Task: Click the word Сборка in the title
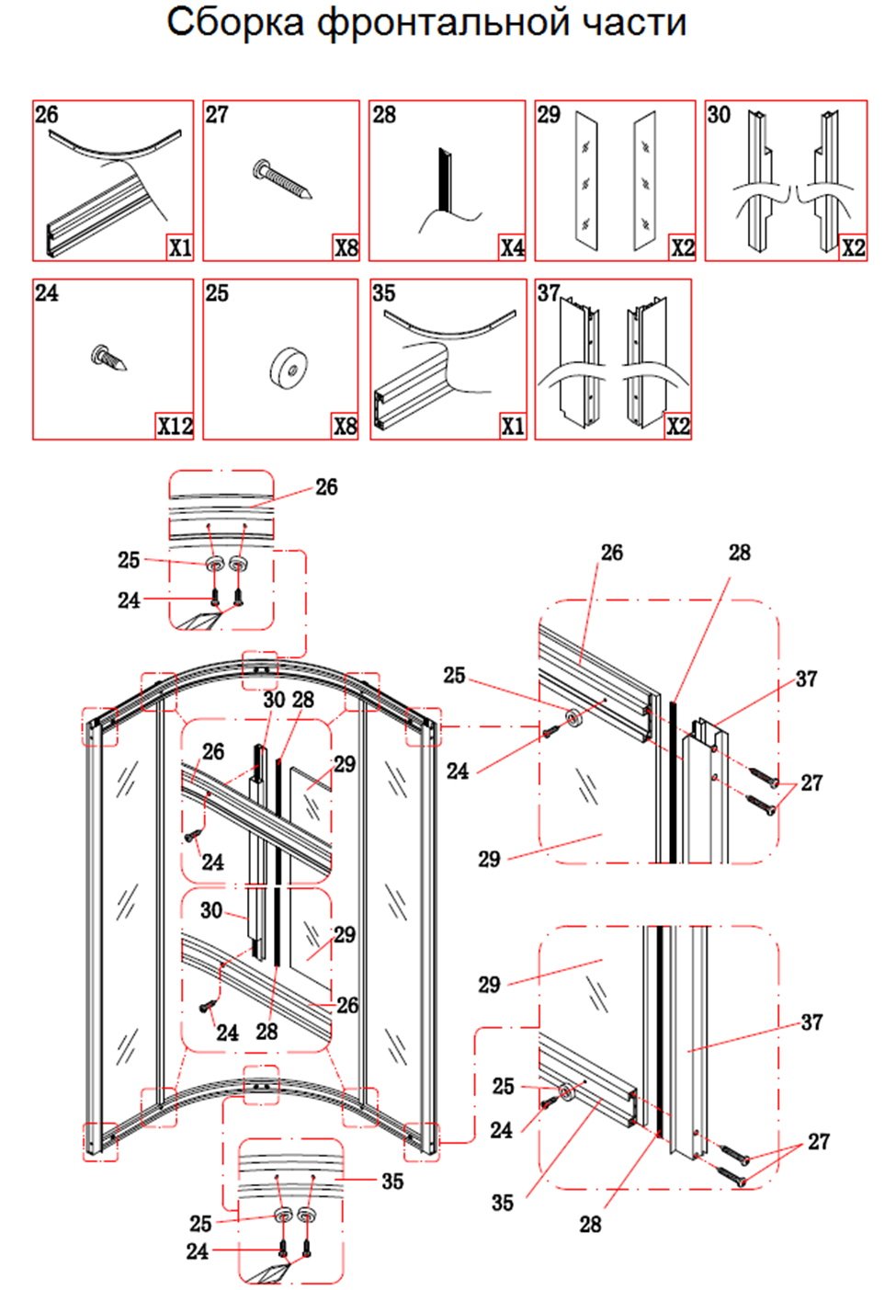[234, 22]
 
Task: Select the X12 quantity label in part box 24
[175, 426]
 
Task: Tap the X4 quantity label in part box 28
[512, 247]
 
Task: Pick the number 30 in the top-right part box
[719, 114]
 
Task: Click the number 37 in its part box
[549, 292]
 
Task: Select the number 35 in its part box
[383, 293]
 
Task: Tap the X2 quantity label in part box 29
[682, 247]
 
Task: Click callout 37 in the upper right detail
[806, 679]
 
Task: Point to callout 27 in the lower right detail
[819, 1141]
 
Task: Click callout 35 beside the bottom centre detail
[392, 1181]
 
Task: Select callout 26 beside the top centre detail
[326, 486]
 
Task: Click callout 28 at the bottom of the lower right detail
[590, 1224]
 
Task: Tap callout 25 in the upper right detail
[454, 675]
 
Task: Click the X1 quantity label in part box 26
[179, 247]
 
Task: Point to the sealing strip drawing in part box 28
[446, 184]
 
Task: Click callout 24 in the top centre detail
[129, 600]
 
